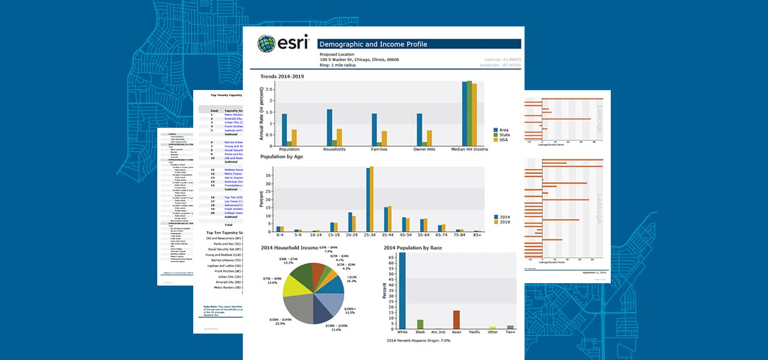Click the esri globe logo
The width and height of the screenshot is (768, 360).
point(266,44)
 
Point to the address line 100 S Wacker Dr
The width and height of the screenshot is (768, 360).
point(359,59)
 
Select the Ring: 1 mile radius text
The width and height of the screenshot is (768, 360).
point(338,65)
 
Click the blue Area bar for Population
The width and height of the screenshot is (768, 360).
point(284,130)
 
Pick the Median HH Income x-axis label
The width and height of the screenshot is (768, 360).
point(470,149)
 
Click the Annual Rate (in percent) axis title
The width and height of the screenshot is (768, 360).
point(262,114)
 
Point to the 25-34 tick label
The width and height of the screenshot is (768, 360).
point(370,236)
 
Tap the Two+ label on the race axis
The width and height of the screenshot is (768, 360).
point(510,332)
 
